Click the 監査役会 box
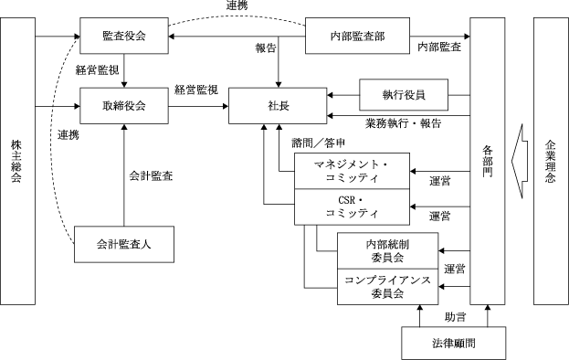[x=124, y=36]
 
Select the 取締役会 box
[x=124, y=106]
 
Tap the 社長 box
[x=278, y=106]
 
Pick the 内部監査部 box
[x=357, y=36]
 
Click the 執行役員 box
[x=404, y=95]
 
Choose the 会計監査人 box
[x=124, y=244]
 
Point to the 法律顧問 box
[x=454, y=343]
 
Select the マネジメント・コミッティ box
[x=352, y=171]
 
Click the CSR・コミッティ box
[x=352, y=206]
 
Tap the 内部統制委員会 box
[x=387, y=250]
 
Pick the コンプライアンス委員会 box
[x=387, y=287]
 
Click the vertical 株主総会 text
[x=16, y=161]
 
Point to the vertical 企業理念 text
[x=550, y=161]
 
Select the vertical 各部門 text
[x=488, y=161]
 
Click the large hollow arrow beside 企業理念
[x=520, y=161]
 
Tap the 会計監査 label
[x=151, y=176]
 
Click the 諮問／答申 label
[x=318, y=143]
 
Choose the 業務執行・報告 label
[x=403, y=123]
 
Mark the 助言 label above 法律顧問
[x=456, y=317]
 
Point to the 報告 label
[x=266, y=48]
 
